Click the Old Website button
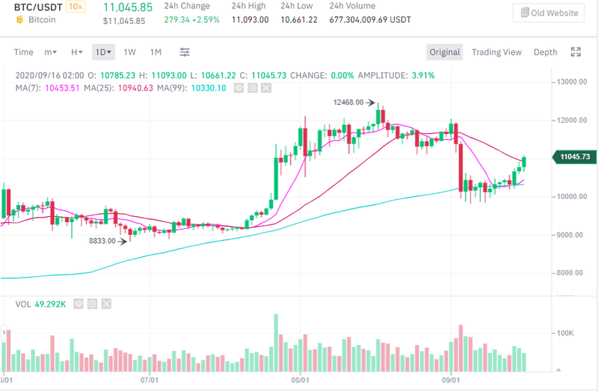click(x=548, y=13)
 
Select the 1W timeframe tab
click(x=129, y=52)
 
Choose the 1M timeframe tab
click(x=155, y=52)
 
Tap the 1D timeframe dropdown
click(x=103, y=52)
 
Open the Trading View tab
click(x=496, y=52)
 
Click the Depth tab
click(x=545, y=52)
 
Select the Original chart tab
click(x=445, y=52)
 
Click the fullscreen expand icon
click(x=576, y=52)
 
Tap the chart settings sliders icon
click(x=185, y=52)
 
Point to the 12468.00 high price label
click(x=349, y=102)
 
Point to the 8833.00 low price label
click(x=102, y=241)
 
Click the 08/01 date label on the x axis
click(x=300, y=379)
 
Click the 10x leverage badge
click(x=75, y=7)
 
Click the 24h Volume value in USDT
click(x=370, y=20)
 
